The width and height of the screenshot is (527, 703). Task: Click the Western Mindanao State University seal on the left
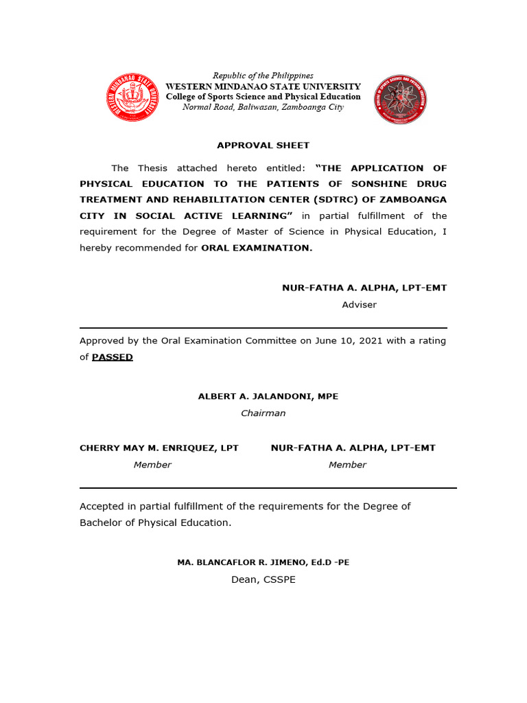132,97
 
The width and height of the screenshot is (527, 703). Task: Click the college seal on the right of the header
400,100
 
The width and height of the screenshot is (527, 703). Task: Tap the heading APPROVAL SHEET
263,146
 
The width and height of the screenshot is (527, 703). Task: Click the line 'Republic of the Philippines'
263,76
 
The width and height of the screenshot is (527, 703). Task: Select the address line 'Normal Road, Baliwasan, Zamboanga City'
263,108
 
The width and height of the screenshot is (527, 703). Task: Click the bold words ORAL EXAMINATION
257,248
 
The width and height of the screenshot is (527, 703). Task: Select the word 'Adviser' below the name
359,305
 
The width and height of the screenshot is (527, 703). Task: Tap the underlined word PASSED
113,358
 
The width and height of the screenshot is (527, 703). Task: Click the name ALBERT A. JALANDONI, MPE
268,397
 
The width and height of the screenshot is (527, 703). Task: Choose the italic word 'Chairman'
263,413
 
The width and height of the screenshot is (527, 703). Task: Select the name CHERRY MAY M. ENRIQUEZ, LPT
159,448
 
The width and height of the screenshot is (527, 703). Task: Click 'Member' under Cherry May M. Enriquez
152,465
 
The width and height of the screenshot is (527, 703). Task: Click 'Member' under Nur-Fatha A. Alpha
347,465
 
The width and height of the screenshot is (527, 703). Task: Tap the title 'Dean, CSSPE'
263,580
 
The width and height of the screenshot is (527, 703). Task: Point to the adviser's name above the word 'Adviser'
364,288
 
